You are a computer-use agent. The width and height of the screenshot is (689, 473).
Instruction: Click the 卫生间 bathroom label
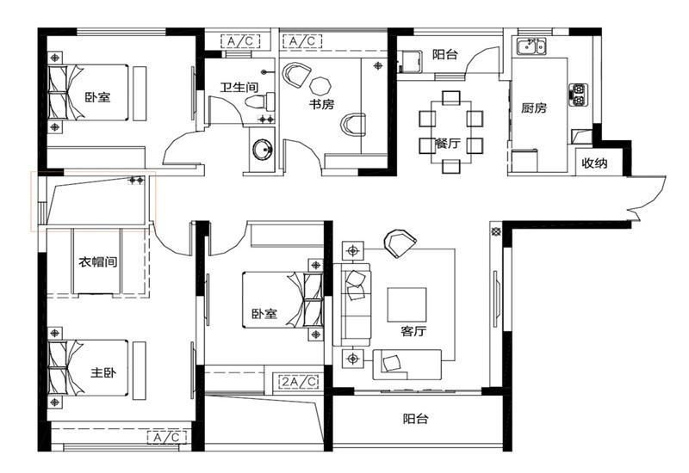pyautogui.click(x=239, y=87)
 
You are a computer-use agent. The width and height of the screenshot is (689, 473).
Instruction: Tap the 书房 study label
pyautogui.click(x=321, y=104)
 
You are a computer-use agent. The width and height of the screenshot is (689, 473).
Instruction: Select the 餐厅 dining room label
pyautogui.click(x=447, y=143)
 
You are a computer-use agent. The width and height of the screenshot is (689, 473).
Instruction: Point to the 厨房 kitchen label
pyautogui.click(x=534, y=107)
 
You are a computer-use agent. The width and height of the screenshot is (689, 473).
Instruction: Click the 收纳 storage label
pyautogui.click(x=594, y=163)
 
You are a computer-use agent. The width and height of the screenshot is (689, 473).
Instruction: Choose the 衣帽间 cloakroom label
pyautogui.click(x=98, y=262)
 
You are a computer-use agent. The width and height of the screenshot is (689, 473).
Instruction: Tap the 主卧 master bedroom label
pyautogui.click(x=103, y=372)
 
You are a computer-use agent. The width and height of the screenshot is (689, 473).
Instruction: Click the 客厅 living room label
pyautogui.click(x=413, y=331)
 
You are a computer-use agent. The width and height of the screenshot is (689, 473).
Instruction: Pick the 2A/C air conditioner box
pyautogui.click(x=299, y=382)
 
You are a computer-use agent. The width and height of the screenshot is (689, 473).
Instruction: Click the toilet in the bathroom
pyautogui.click(x=260, y=102)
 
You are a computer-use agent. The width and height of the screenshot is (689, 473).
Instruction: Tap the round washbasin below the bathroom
pyautogui.click(x=264, y=150)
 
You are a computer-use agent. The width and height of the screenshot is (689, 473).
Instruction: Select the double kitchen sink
pyautogui.click(x=531, y=46)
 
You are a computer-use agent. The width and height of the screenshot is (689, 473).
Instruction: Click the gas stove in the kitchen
pyautogui.click(x=578, y=95)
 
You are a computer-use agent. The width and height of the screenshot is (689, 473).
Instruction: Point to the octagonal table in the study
pyautogui.click(x=320, y=85)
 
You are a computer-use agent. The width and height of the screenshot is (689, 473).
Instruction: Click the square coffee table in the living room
pyautogui.click(x=407, y=305)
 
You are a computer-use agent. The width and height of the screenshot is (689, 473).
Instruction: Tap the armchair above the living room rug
pyautogui.click(x=400, y=243)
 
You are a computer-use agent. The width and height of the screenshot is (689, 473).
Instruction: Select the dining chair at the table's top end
pyautogui.click(x=451, y=97)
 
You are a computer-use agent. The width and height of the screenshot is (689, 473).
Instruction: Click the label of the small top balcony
pyautogui.click(x=444, y=54)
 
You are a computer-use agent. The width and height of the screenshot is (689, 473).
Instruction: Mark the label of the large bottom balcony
pyautogui.click(x=415, y=419)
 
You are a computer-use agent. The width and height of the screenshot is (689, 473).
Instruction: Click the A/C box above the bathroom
pyautogui.click(x=241, y=41)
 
